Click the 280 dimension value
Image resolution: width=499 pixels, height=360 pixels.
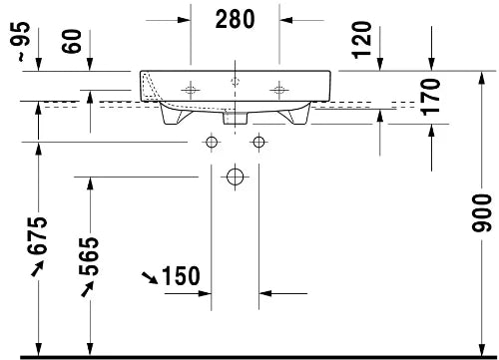pyautogui.click(x=235, y=19)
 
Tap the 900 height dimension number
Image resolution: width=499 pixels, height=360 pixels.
pyautogui.click(x=481, y=213)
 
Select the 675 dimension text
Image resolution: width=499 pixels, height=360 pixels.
pyautogui.click(x=37, y=235)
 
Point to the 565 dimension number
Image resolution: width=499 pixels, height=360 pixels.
pyautogui.click(x=89, y=256)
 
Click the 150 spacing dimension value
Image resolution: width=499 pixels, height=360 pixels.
pyautogui.click(x=181, y=276)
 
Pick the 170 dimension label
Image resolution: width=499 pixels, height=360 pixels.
pyautogui.click(x=430, y=97)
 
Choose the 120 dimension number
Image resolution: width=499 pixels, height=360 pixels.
pyautogui.click(x=362, y=40)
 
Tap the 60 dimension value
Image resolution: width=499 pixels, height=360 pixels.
pyautogui.click(x=72, y=41)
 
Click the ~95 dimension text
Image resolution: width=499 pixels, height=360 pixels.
pyautogui.click(x=23, y=41)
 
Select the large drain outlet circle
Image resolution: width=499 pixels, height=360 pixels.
pyautogui.click(x=235, y=177)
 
